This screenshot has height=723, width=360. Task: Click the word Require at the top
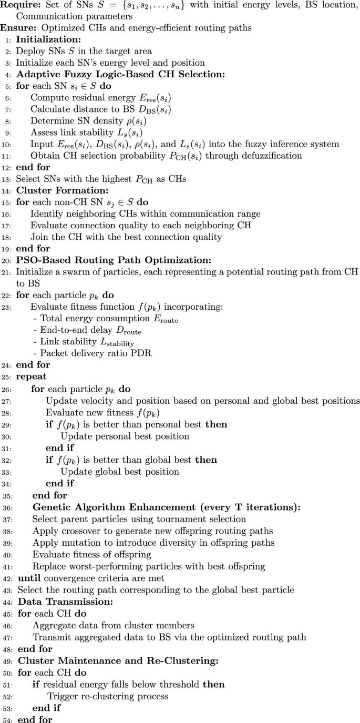point(19,6)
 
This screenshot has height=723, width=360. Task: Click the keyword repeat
point(29,377)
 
